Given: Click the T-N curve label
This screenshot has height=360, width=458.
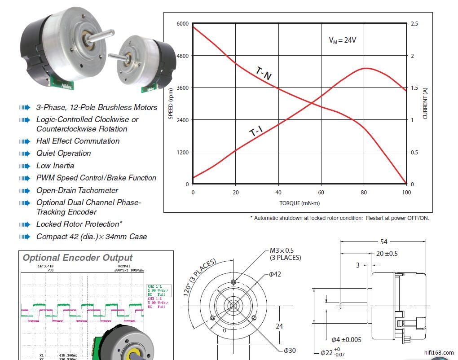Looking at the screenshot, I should point(264,73).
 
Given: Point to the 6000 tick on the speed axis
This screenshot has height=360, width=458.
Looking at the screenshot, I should point(182,23).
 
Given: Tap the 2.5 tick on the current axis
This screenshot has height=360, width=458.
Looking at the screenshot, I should point(414,23).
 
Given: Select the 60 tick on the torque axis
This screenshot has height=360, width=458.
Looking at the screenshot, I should point(321,193).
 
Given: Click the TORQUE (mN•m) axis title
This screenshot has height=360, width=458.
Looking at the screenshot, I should point(299,203).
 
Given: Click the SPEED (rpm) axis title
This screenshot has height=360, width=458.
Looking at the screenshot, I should point(171,104).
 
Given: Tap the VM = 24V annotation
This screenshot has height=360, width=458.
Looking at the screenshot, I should point(342,40).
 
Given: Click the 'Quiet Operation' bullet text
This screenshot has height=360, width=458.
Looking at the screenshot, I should point(63,153).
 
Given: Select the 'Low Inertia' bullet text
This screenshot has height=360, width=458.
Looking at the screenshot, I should point(55,166).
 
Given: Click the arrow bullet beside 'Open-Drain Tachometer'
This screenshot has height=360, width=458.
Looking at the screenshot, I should point(24,190).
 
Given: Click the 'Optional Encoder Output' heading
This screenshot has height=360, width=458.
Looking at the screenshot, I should point(78,258).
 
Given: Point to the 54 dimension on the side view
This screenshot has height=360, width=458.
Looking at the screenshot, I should point(383,242).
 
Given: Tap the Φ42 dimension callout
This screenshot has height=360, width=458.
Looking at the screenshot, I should point(275,274).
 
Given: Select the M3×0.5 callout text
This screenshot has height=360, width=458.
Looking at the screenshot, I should point(282,250).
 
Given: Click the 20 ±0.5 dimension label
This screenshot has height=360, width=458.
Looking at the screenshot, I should point(387,254).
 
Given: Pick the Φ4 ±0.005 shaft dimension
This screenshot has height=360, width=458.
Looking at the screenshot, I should point(346,339).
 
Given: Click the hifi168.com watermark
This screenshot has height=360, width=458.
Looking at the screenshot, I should point(439,353).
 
